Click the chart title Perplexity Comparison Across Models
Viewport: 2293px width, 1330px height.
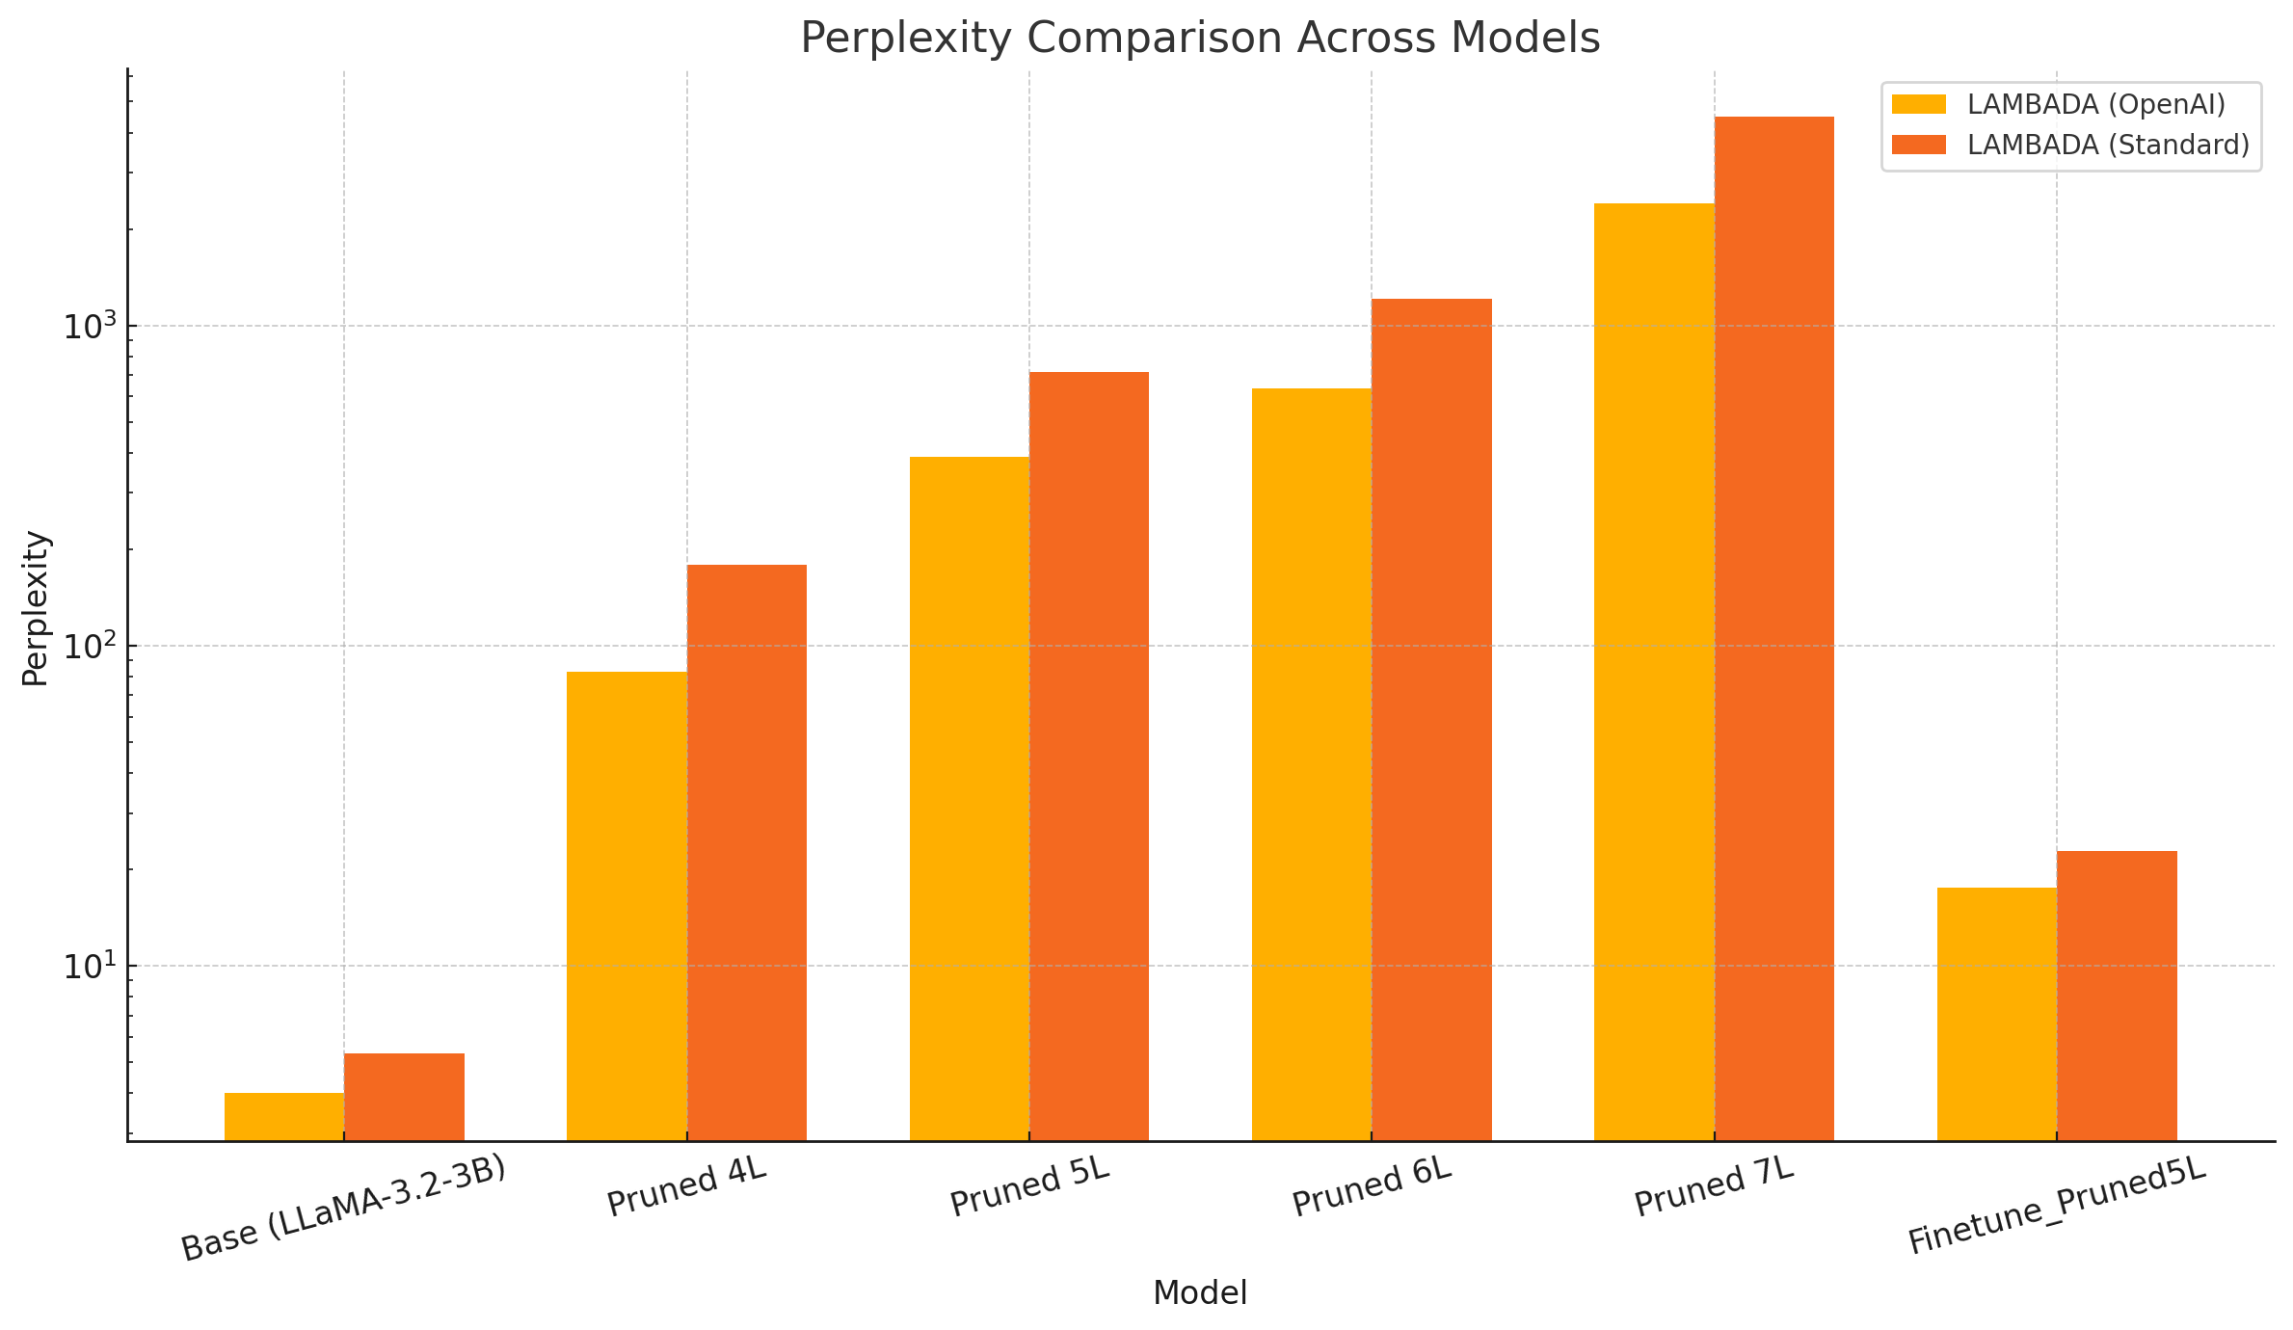click(x=1199, y=39)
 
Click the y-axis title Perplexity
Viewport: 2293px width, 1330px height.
click(x=36, y=608)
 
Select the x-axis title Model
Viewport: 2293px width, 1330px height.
click(x=1199, y=1293)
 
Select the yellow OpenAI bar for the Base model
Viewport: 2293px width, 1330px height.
click(x=284, y=1117)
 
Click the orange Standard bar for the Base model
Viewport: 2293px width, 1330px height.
click(x=404, y=1098)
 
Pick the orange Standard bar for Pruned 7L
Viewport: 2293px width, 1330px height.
click(x=1773, y=626)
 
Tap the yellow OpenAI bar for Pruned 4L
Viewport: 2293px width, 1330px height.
click(x=627, y=906)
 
